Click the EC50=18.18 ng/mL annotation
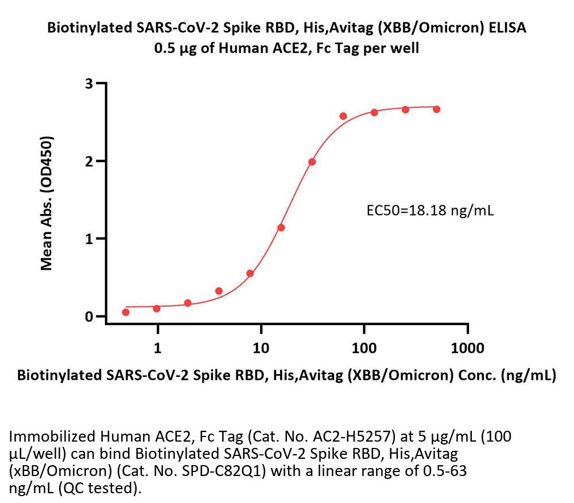(x=430, y=210)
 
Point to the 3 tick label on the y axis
(x=90, y=84)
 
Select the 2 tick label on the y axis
(x=90, y=161)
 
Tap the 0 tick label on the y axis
(x=90, y=317)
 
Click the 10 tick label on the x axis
(x=261, y=348)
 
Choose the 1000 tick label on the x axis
(x=468, y=348)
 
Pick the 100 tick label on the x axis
(x=364, y=348)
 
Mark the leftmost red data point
(x=126, y=312)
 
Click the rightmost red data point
(x=437, y=109)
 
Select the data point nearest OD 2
(x=312, y=162)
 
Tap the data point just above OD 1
(x=281, y=228)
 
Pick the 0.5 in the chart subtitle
(x=165, y=48)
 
